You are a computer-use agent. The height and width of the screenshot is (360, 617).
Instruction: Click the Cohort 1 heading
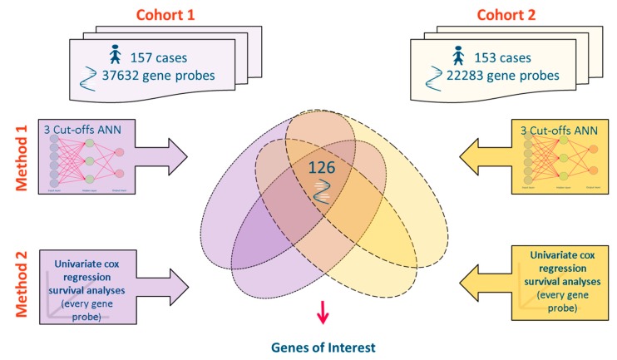[171, 15]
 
